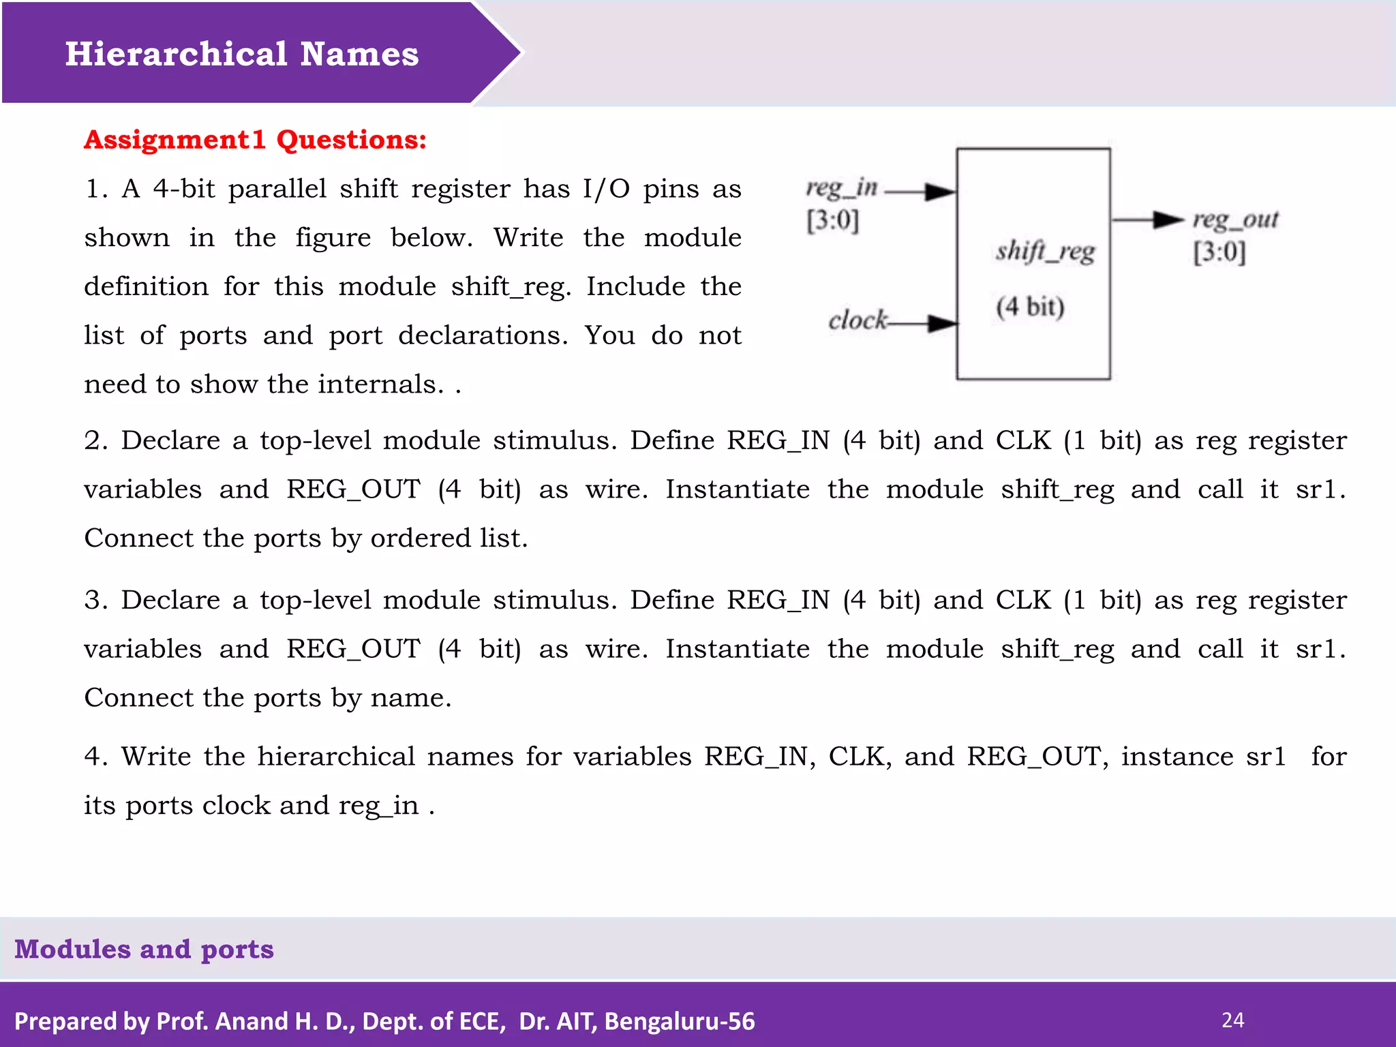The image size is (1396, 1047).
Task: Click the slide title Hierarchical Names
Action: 241,54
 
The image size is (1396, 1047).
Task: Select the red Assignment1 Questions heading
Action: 255,140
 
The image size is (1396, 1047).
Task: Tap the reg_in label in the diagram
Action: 841,187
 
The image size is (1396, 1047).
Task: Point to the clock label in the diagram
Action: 858,320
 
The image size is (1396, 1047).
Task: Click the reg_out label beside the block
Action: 1235,219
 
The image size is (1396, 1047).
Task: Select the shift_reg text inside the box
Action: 1045,252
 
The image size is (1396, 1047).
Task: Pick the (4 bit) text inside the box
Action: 1030,307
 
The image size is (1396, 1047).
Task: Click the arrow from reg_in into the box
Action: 921,192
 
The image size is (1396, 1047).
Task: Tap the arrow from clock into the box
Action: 924,323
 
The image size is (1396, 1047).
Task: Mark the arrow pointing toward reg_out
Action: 1148,219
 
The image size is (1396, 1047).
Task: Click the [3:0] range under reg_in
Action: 832,220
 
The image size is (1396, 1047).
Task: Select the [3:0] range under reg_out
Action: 1219,252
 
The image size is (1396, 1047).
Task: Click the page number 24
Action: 1232,1020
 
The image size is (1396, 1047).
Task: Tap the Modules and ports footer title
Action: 144,949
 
